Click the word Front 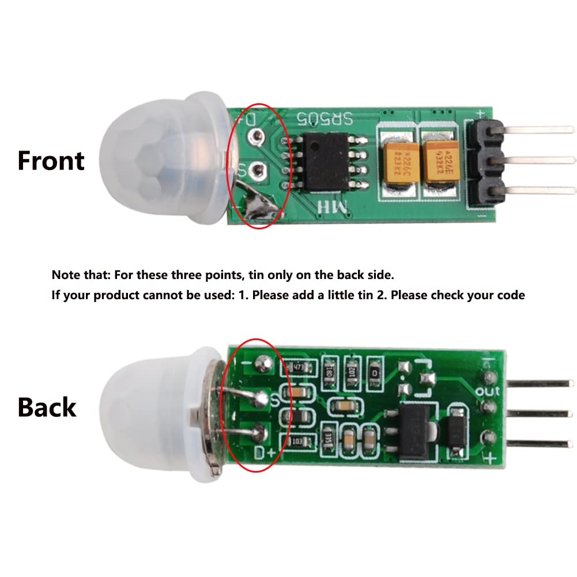51,160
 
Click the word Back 47,407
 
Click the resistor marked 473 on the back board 298,366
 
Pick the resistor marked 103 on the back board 299,441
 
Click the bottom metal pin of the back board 536,443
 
